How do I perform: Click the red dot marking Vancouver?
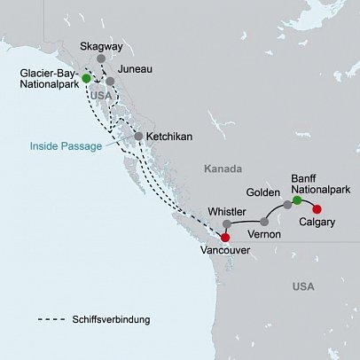(x=224, y=237)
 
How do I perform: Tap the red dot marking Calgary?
(x=317, y=210)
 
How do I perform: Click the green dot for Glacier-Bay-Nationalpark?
(x=86, y=78)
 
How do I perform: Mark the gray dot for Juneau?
(x=110, y=81)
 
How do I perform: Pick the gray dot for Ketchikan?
(x=139, y=136)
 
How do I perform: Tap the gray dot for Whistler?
(x=227, y=223)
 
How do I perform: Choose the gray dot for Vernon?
(x=264, y=221)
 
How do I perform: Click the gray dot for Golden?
(x=286, y=205)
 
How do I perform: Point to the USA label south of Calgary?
(x=304, y=287)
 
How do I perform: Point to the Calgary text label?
(x=317, y=223)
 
